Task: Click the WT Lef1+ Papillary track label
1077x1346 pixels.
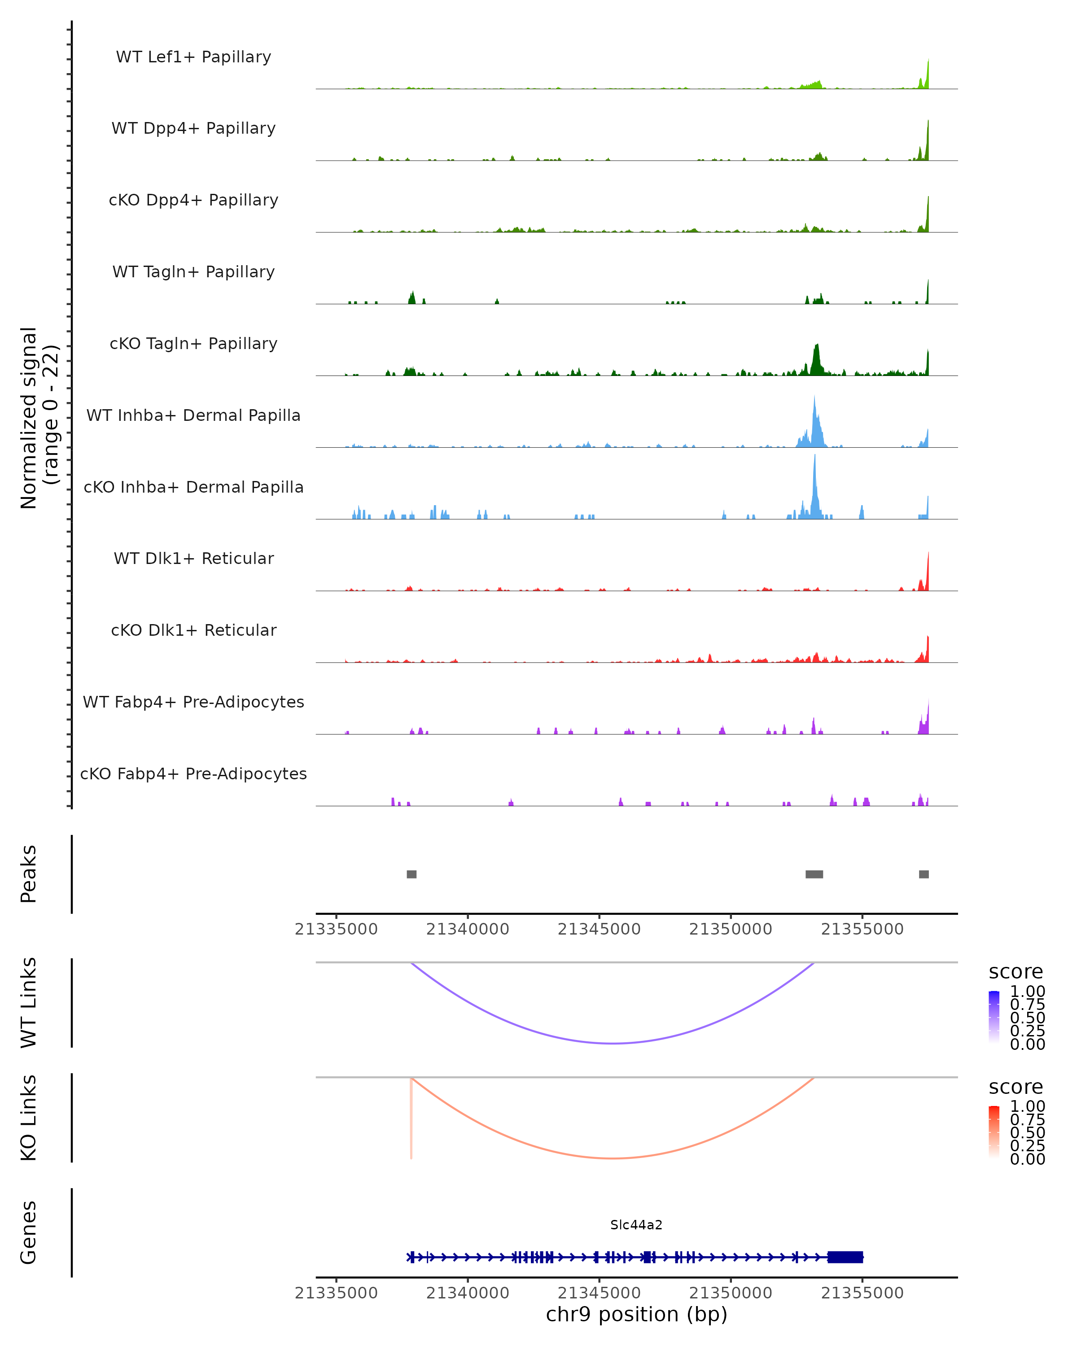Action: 193,57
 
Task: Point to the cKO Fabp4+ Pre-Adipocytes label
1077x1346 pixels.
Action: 193,774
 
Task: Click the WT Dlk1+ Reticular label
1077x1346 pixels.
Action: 193,558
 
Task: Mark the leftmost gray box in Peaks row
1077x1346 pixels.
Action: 412,874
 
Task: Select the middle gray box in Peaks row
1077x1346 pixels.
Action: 814,874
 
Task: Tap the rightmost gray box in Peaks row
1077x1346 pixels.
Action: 924,874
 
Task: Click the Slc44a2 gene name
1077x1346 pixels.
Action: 636,1225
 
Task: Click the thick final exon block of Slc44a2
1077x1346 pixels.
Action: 845,1257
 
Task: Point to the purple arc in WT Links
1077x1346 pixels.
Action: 614,1043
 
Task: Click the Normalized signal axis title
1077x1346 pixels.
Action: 39,418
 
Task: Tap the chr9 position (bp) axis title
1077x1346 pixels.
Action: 636,1314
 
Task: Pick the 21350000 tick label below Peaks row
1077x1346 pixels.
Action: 731,929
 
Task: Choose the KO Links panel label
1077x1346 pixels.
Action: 28,1118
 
